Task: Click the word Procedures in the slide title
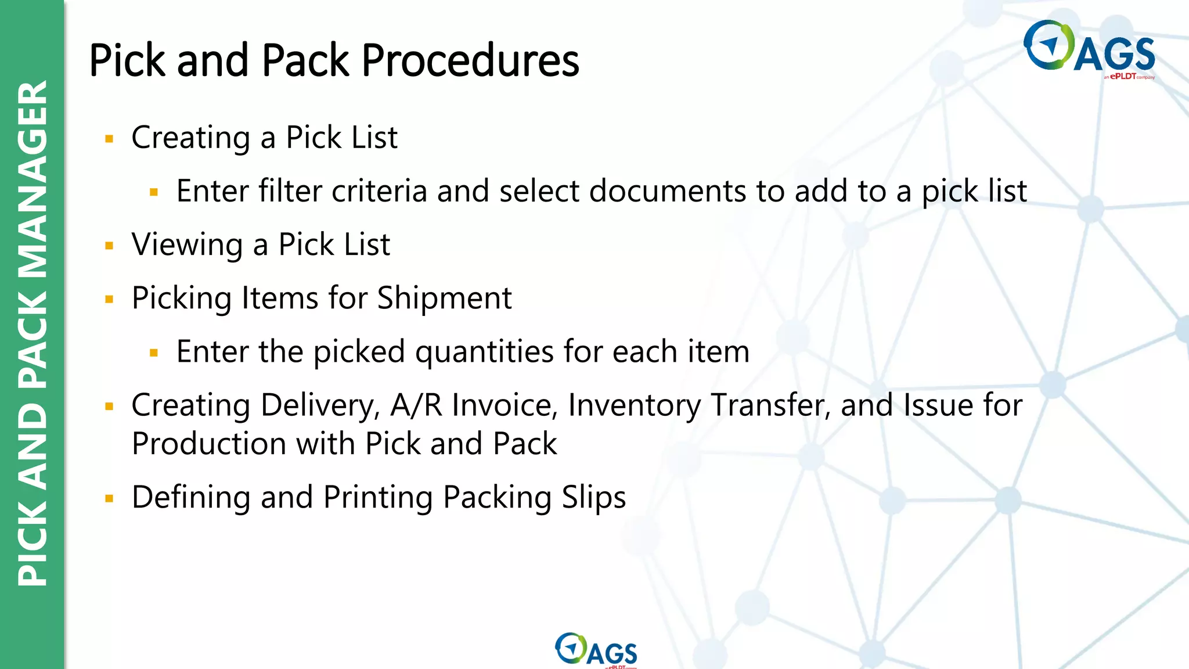tap(470, 60)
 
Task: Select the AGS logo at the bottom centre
tap(596, 650)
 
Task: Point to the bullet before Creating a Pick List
tap(109, 139)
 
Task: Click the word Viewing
tap(187, 244)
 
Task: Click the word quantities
tap(484, 352)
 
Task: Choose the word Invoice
tap(505, 405)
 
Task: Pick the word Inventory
tap(635, 405)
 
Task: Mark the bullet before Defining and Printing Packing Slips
tap(109, 498)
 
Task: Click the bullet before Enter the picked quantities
tap(154, 353)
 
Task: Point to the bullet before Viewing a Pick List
tap(109, 246)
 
